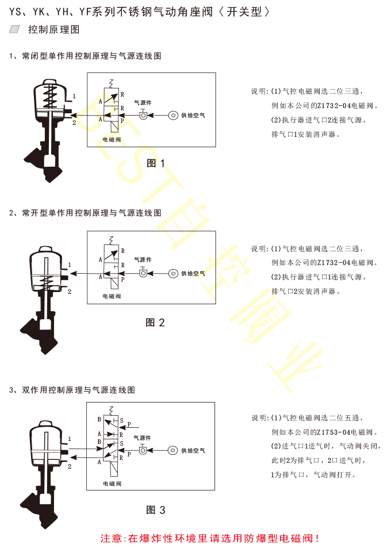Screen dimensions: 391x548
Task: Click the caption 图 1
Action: click(155, 163)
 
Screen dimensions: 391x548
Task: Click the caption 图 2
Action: click(155, 322)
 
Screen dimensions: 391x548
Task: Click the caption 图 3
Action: click(155, 510)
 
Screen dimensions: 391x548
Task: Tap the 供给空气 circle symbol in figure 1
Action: click(173, 115)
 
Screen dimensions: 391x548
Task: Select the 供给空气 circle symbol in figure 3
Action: click(173, 450)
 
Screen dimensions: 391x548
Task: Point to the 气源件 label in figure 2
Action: click(143, 260)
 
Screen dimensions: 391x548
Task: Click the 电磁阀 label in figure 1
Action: click(112, 140)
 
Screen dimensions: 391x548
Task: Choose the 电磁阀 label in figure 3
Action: click(112, 484)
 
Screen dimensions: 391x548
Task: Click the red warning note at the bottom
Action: click(210, 538)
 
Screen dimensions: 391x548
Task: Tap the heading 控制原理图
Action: click(54, 29)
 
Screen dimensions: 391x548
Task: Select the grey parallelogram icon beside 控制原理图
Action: click(15, 29)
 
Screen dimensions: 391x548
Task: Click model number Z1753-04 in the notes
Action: click(333, 432)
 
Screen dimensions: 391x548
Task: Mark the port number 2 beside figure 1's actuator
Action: click(74, 122)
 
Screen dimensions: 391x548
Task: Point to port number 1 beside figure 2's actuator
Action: click(70, 265)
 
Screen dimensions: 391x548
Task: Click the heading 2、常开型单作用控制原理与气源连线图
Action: click(85, 213)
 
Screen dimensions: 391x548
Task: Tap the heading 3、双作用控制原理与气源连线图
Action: click(72, 390)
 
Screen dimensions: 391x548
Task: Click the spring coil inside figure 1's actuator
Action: click(51, 95)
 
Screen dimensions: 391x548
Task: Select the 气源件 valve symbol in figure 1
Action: click(143, 114)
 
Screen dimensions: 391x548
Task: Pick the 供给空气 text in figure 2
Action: click(193, 273)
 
